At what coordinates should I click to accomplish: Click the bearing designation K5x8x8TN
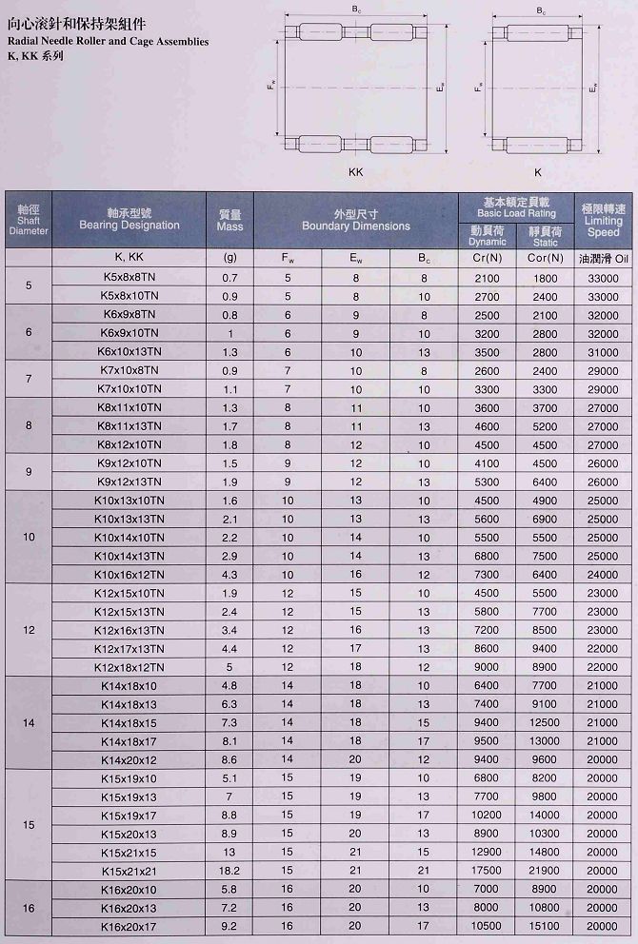130,278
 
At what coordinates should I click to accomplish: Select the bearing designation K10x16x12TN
130,575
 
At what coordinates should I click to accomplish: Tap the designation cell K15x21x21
130,871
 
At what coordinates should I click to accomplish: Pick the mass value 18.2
229,871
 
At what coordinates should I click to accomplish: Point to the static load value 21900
546,871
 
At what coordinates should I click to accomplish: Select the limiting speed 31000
603,352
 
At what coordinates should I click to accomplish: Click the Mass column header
229,221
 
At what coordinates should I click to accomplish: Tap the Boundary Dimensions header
356,221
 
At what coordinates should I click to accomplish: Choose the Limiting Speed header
603,221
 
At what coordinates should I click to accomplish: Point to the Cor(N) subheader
546,258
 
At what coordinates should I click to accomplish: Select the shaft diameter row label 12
29,631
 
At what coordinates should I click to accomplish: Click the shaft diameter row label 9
29,472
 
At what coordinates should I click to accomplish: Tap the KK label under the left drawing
357,172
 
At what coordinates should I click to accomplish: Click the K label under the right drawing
538,172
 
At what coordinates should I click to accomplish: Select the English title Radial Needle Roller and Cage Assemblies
108,42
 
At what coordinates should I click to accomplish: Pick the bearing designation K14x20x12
130,760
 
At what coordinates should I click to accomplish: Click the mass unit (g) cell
229,258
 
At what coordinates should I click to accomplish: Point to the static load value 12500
546,723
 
